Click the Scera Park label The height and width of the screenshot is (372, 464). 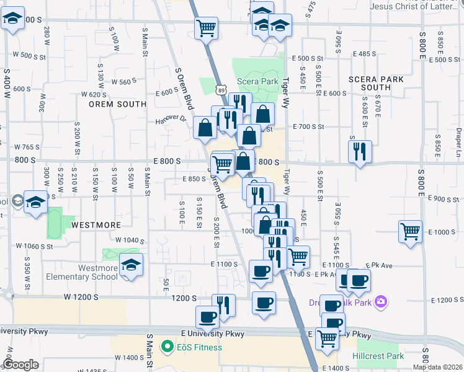(257, 81)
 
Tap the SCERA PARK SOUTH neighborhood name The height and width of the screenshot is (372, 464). (375, 83)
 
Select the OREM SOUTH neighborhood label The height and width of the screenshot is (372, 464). (117, 104)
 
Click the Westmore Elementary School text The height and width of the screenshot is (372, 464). (98, 272)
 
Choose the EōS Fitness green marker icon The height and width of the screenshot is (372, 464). (166, 347)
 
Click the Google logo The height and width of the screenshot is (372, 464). (20, 365)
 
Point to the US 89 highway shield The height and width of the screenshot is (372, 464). (221, 90)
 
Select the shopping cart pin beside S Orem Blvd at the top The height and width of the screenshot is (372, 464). (206, 27)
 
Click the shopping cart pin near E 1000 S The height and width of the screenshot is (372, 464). (410, 232)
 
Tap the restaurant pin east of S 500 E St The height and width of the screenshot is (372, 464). (360, 151)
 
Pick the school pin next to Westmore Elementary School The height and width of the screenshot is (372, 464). (131, 265)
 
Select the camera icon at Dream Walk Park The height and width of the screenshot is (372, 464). (381, 302)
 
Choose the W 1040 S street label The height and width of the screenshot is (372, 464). (130, 240)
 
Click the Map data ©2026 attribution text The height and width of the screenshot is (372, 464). (437, 367)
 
